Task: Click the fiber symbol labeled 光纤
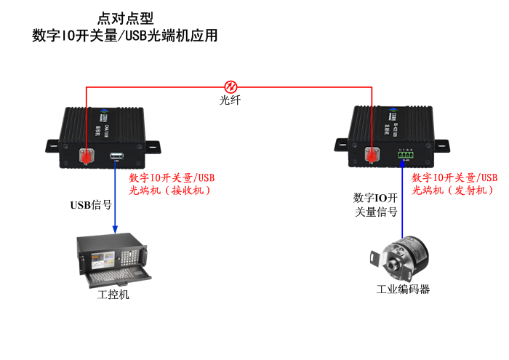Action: (x=231, y=87)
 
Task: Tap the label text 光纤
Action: (x=230, y=101)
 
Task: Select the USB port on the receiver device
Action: (x=116, y=156)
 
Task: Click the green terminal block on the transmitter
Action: (x=405, y=155)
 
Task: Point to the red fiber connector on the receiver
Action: (x=86, y=155)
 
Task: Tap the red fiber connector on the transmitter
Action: (x=372, y=155)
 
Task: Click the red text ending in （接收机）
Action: (x=172, y=184)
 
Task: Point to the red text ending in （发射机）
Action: (x=454, y=184)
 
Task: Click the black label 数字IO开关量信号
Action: (x=375, y=205)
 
